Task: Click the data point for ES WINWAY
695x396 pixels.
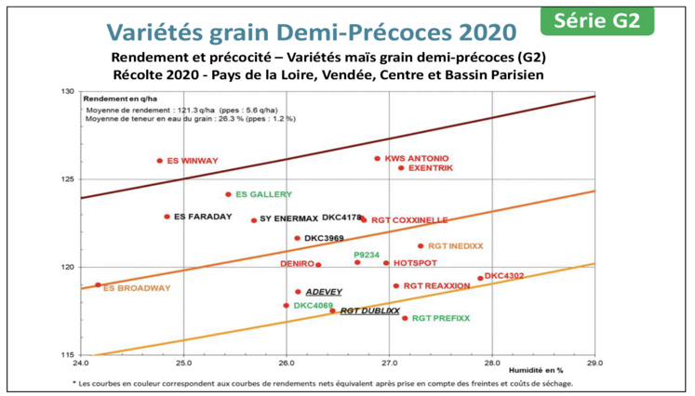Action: [160, 161]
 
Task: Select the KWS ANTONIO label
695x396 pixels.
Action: [416, 158]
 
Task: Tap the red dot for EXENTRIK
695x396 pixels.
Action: [401, 167]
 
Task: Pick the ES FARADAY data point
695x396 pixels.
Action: [167, 217]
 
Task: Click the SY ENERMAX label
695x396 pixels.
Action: [288, 220]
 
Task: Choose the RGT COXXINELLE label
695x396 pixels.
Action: [408, 220]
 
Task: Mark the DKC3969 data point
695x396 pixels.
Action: [298, 238]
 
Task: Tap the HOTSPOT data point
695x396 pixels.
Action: [386, 263]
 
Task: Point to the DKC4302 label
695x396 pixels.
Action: [504, 275]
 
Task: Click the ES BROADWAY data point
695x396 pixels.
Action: [98, 285]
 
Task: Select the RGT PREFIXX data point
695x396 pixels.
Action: [405, 318]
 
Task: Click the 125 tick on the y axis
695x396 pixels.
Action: [66, 178]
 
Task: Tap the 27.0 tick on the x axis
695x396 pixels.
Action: [389, 363]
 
